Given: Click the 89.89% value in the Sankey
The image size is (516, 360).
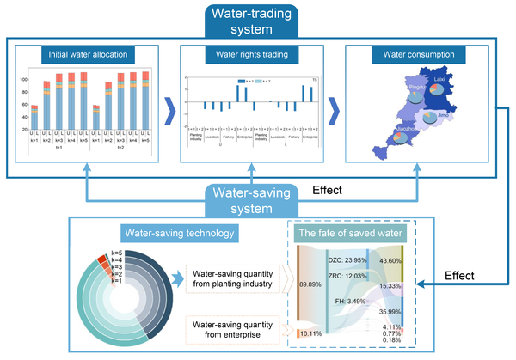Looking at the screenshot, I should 310,282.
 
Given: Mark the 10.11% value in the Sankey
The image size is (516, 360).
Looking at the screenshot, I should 310,333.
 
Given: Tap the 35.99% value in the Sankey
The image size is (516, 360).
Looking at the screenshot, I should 391,311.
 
